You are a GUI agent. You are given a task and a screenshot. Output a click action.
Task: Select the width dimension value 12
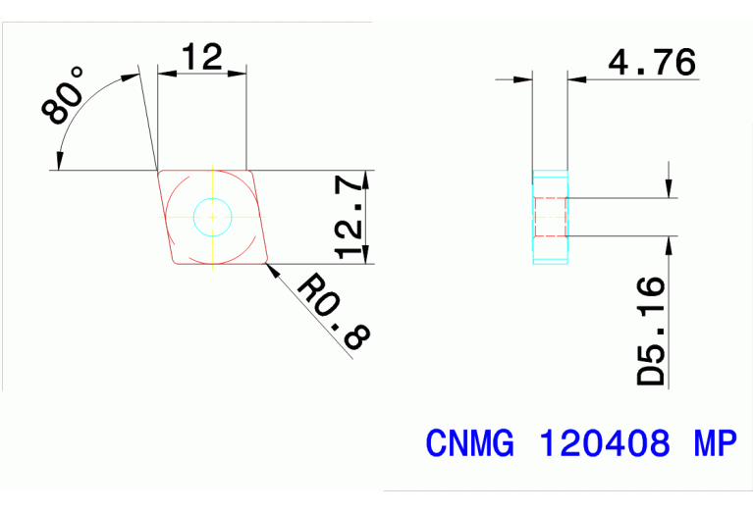tap(201, 57)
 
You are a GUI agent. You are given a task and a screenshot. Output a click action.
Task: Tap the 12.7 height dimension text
tap(350, 217)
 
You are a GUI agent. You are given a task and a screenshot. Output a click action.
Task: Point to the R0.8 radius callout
tap(333, 312)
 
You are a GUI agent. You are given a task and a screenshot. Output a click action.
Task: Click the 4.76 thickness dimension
tap(652, 63)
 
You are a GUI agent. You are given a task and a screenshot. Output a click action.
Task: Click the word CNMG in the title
tap(468, 444)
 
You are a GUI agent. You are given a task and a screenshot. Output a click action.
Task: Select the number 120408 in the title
tap(605, 444)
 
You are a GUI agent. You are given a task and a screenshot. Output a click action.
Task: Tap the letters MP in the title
tap(714, 444)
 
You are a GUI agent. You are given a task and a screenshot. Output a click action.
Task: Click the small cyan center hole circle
tap(212, 217)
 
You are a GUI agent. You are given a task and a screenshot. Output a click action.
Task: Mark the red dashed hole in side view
tap(551, 217)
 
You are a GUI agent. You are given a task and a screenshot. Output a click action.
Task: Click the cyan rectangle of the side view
tap(551, 217)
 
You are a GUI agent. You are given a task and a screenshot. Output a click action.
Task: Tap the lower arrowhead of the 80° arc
tap(61, 157)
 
